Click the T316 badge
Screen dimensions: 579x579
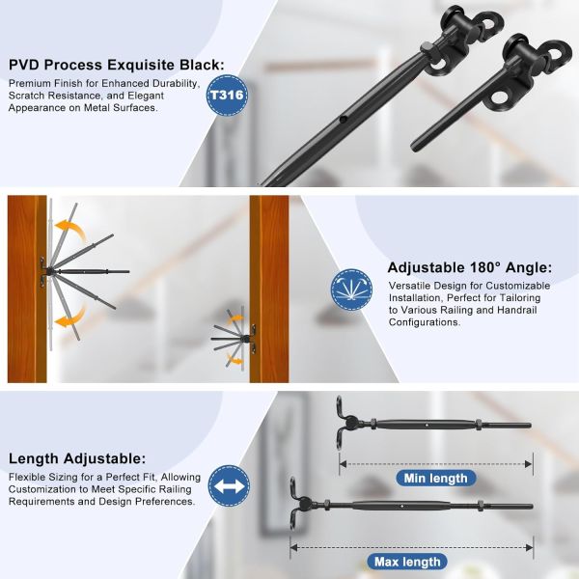click(227, 96)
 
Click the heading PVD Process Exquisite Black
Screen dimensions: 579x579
click(117, 65)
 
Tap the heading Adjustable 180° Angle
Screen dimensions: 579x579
click(470, 268)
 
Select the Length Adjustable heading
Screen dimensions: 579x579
click(77, 459)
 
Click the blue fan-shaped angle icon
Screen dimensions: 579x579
click(350, 289)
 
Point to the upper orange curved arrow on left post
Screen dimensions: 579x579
click(67, 230)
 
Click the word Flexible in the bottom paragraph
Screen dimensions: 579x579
click(29, 478)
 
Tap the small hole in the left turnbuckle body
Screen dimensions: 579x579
click(344, 122)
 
